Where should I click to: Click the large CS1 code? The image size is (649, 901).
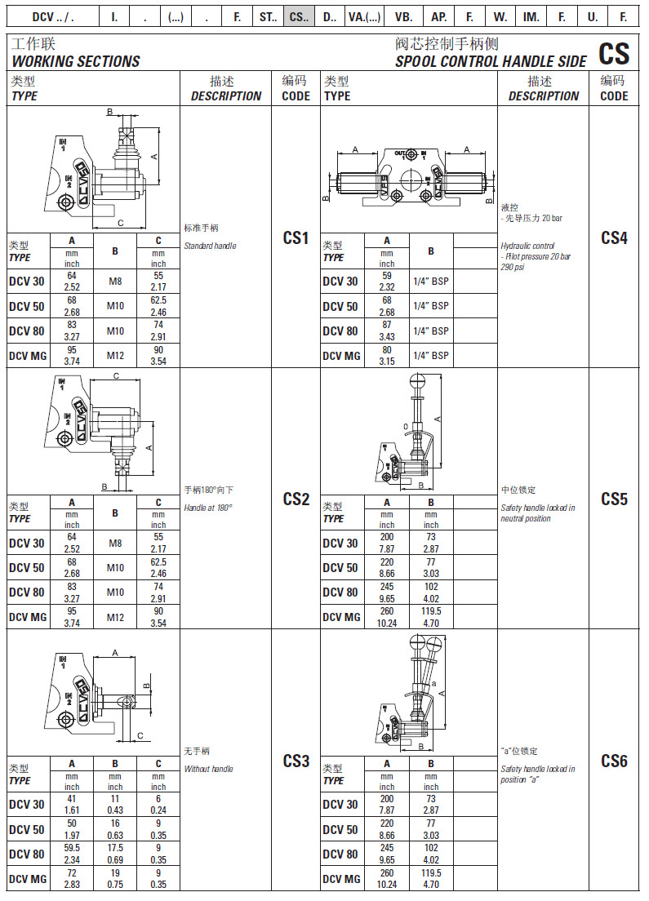click(x=296, y=237)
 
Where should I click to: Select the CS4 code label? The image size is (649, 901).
click(x=614, y=237)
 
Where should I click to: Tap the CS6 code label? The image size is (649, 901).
click(x=614, y=761)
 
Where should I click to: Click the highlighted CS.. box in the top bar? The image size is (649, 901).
click(x=300, y=16)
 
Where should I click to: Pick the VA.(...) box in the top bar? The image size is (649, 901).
click(x=364, y=16)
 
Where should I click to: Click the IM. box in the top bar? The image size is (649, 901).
click(x=531, y=16)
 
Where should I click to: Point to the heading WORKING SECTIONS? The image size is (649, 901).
click(x=76, y=61)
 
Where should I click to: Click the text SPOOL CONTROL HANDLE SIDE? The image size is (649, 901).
click(x=491, y=61)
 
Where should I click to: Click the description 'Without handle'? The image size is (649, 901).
click(x=208, y=769)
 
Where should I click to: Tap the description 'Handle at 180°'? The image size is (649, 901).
click(x=208, y=507)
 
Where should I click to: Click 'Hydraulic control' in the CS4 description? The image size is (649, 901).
click(x=527, y=246)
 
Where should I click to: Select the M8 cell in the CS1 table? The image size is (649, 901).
click(x=115, y=282)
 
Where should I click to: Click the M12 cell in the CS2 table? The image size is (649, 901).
click(x=115, y=617)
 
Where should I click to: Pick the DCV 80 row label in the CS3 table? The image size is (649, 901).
click(x=27, y=854)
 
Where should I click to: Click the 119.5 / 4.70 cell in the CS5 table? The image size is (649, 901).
click(x=431, y=617)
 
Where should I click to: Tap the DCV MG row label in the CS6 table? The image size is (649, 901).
click(x=341, y=878)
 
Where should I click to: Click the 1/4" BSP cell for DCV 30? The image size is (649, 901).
click(x=431, y=282)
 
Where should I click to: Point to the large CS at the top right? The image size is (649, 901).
click(x=614, y=54)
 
